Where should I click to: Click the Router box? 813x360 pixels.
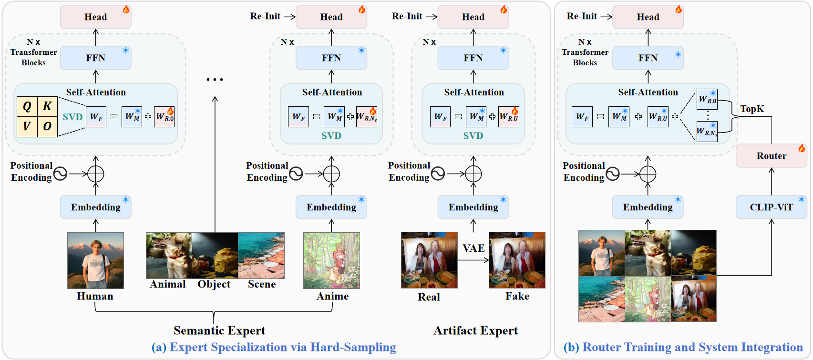coord(771,156)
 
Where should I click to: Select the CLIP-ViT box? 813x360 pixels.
coord(771,207)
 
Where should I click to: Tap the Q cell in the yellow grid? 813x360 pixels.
coord(27,106)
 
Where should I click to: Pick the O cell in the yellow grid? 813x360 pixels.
coord(48,127)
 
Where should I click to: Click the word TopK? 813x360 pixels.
coord(752,109)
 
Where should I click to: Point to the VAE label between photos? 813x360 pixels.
coord(473,248)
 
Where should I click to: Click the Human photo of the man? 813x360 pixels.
coord(95,260)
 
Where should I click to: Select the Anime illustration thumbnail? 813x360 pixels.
coord(331,260)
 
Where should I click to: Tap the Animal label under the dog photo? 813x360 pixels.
coord(168,284)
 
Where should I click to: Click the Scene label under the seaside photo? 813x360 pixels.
coord(262,284)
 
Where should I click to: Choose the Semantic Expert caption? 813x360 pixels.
coord(219,330)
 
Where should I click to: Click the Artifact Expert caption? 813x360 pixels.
coord(475,330)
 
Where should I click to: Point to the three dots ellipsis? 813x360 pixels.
coord(215,80)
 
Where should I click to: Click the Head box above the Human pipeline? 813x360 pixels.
coord(95,17)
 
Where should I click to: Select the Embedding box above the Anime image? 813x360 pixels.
coord(331,207)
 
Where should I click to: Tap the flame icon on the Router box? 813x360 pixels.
coord(802,148)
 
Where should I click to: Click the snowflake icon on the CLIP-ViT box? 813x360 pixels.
coord(802,199)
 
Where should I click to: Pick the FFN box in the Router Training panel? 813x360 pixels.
coord(648,58)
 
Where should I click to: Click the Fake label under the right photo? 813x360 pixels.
coord(517,297)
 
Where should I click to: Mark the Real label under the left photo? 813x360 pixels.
coord(429,297)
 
